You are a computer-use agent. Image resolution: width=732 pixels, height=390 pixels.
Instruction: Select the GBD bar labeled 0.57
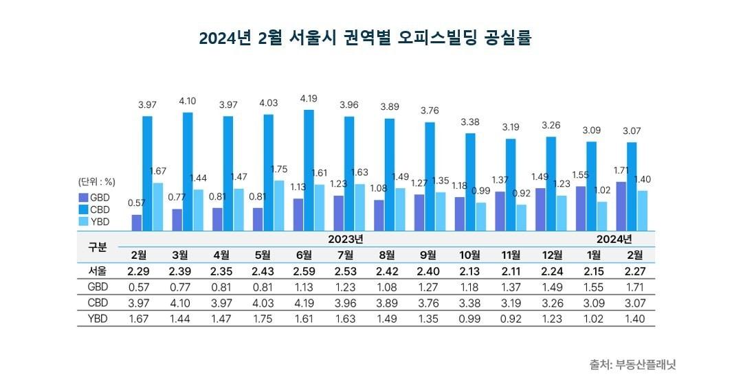(137, 222)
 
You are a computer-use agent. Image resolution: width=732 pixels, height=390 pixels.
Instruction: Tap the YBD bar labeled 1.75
(278, 205)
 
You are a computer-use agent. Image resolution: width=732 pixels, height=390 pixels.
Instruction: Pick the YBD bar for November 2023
(521, 217)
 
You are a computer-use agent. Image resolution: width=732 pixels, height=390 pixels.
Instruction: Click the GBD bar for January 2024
(581, 208)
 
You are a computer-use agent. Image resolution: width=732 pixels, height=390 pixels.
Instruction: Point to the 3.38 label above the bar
(470, 122)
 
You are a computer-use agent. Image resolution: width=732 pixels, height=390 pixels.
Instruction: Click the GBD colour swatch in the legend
(84, 197)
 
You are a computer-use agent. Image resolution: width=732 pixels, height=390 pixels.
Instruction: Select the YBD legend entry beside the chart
(95, 222)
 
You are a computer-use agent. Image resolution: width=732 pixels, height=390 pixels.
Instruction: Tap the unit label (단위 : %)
(96, 182)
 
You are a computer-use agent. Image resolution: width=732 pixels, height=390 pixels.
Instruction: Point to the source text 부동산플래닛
(646, 365)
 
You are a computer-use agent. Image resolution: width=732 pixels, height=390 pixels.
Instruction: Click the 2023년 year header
(346, 239)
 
